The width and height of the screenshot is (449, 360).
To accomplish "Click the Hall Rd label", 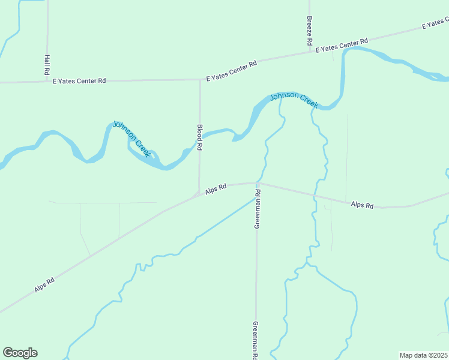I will (x=47, y=65).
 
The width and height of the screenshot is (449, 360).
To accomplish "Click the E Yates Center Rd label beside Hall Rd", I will (x=79, y=80).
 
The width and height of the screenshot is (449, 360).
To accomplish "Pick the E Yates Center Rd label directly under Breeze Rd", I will (x=342, y=45).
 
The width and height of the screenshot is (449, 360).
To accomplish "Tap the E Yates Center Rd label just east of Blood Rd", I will (x=231, y=70).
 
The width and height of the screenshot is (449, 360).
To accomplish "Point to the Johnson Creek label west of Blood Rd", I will (x=131, y=139).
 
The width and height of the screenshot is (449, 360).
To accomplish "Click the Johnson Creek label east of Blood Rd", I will (x=294, y=100).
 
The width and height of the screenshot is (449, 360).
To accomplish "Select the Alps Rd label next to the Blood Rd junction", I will (x=215, y=189).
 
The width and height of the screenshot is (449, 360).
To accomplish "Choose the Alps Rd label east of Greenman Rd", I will (x=362, y=205).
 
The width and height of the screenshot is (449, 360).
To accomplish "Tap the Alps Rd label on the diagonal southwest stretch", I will (x=45, y=284).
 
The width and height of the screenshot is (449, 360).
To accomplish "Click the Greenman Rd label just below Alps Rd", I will (x=257, y=209).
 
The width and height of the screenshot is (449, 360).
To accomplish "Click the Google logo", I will (x=20, y=353).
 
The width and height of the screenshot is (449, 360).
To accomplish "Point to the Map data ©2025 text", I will (x=424, y=355).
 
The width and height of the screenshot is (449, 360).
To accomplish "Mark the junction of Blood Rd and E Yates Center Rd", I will (x=200, y=79).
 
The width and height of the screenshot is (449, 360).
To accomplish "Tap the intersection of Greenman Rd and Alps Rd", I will (x=257, y=184).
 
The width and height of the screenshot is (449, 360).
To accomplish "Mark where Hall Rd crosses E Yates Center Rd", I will (x=47, y=81).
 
